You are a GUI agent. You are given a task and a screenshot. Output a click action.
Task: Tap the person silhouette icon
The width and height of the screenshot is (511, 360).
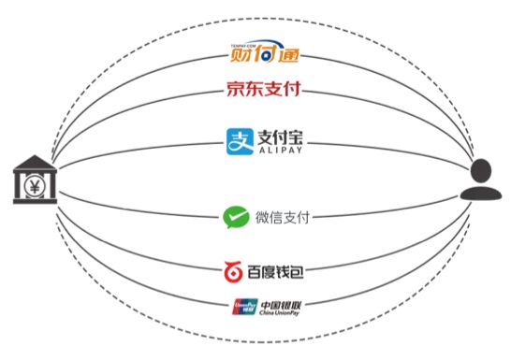pos(478,180)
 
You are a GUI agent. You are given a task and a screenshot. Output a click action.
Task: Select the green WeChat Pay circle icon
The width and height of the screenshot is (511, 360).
pos(234,218)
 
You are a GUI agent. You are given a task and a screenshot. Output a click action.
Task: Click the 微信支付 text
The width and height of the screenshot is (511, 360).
pos(282,218)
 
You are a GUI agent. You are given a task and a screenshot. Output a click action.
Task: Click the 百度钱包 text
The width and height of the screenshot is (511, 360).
pos(278,272)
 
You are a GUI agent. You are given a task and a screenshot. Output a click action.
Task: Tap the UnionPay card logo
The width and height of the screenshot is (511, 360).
pos(242,307)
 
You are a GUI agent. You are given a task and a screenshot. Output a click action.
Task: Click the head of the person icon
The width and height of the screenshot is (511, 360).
pos(479,169)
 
